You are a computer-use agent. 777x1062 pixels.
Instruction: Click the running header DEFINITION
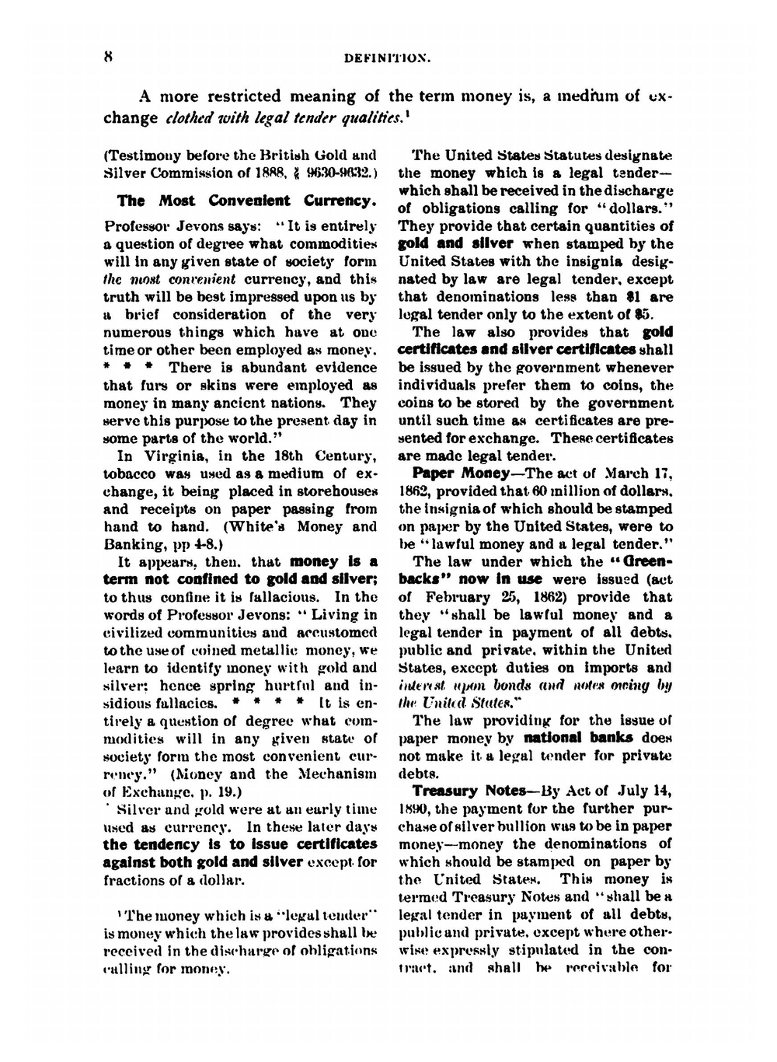[387, 58]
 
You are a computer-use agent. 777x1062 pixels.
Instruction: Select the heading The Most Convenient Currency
[246, 201]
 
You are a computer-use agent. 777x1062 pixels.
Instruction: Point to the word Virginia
[175, 456]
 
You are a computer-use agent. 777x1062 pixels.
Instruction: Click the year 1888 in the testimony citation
[284, 173]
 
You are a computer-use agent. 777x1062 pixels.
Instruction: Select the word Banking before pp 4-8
[132, 543]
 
